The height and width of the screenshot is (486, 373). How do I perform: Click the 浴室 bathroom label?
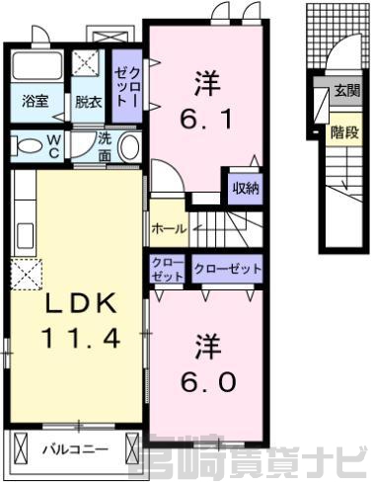(36, 102)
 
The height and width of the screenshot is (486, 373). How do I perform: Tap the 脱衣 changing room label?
(89, 102)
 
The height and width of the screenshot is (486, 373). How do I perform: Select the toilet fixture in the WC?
(27, 146)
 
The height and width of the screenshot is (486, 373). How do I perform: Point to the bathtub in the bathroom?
(37, 66)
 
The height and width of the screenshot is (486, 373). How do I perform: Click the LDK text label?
(81, 303)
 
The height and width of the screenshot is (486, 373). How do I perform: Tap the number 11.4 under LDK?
(81, 339)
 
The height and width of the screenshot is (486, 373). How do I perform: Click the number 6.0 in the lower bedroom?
(208, 382)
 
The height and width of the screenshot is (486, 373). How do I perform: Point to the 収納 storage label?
(246, 189)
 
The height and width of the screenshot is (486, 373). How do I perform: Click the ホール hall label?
(170, 228)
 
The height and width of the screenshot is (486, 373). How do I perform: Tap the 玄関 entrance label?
(347, 91)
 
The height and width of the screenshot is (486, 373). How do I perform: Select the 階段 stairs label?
(344, 132)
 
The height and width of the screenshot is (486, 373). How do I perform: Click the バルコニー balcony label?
(76, 449)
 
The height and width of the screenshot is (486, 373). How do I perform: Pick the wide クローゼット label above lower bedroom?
(228, 270)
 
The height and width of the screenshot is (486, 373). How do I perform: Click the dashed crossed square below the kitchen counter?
(27, 274)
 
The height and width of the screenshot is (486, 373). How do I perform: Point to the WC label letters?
(54, 146)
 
